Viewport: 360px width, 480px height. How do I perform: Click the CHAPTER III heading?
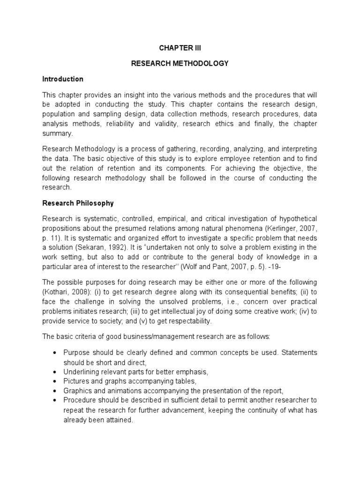(180, 48)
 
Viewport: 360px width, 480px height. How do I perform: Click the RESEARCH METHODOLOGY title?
(180, 64)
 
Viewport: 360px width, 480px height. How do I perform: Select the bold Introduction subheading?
(62, 79)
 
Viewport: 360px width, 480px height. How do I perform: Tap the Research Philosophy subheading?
(78, 203)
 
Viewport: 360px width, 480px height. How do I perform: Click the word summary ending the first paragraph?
(58, 133)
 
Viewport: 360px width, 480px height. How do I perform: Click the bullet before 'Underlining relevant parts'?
(56, 372)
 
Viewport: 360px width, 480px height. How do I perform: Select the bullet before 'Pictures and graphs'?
(56, 381)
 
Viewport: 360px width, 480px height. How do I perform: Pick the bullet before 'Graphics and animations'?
(56, 390)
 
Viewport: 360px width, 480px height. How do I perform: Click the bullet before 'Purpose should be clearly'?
(56, 352)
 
